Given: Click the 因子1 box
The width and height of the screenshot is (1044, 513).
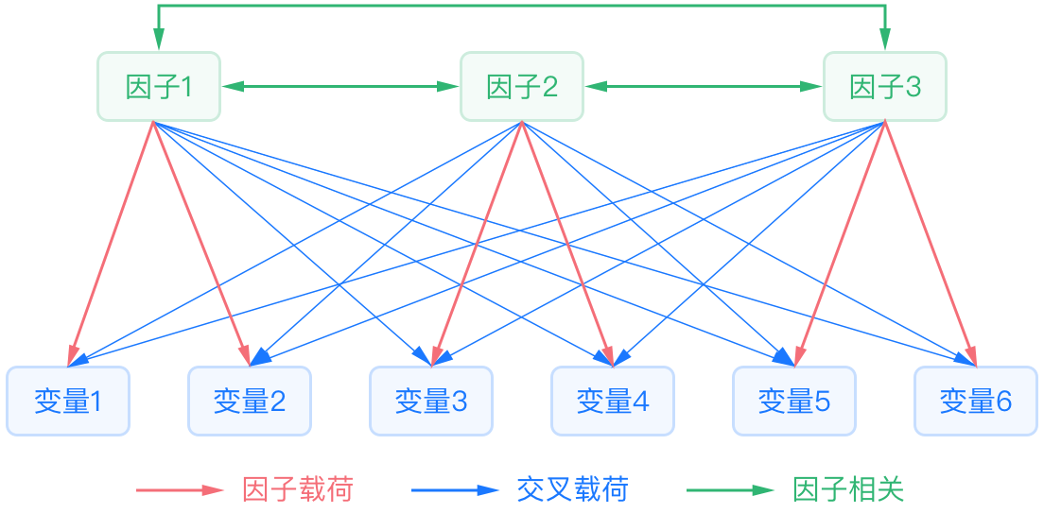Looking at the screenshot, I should pos(159,87).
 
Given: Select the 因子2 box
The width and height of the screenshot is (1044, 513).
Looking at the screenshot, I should pos(521,87).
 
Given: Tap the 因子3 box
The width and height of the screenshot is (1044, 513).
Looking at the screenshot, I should pos(884,87).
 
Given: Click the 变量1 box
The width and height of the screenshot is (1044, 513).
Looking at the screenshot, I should pos(68,402).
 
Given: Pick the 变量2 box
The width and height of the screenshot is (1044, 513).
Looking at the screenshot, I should pos(250,402).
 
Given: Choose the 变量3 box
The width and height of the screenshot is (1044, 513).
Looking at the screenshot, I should pos(431,402).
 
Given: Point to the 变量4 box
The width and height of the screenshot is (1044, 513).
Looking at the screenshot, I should pos(613,402).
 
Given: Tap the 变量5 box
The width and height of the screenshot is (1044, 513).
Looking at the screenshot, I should pos(794,402).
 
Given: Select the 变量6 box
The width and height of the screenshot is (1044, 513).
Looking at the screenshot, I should pos(976,402).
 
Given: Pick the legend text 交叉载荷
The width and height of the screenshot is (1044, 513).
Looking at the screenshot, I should pos(572,489).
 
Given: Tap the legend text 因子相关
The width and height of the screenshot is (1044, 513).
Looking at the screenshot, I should pos(848,489).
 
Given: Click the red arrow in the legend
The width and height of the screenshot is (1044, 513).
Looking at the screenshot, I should pos(179,489).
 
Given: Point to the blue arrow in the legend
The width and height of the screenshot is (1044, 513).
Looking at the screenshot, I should pos(454,489).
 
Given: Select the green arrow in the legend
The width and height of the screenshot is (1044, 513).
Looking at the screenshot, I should pos(729,489).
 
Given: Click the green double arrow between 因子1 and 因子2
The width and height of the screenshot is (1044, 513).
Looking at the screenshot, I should pos(340,87).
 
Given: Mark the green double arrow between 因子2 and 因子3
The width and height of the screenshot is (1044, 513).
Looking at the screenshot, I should pos(703,87).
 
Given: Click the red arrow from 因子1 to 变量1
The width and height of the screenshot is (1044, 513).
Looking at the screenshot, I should pos(112,242).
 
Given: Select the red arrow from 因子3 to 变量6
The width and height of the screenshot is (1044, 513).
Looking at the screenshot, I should pos(930,242).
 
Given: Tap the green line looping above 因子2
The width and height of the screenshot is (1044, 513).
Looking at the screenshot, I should pos(521,7).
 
